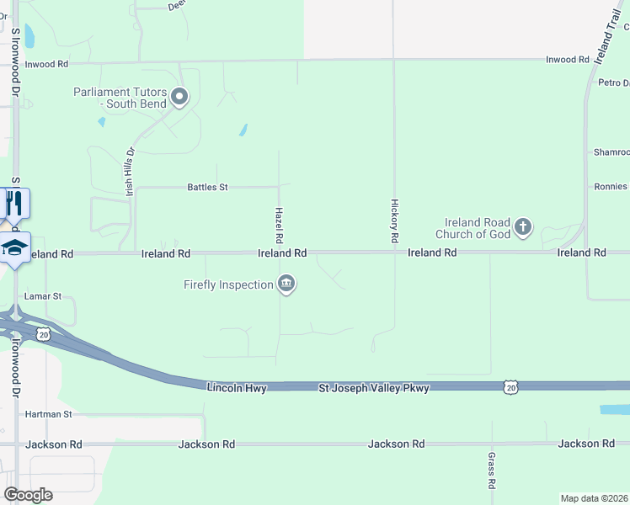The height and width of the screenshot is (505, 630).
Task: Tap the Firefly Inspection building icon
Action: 286,284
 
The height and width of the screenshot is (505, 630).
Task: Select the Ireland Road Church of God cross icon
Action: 523,226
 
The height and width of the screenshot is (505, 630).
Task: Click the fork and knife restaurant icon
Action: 14,203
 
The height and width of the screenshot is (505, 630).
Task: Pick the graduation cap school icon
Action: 15,247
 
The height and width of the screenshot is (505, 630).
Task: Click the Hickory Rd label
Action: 394,221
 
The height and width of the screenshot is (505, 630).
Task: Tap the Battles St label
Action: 207,187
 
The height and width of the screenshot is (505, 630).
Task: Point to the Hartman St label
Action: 49,414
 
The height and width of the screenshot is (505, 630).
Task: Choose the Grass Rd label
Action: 492,470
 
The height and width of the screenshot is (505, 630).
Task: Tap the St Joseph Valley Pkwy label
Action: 374,388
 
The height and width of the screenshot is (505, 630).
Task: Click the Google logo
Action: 28,495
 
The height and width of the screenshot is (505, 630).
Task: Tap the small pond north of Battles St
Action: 243,130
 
